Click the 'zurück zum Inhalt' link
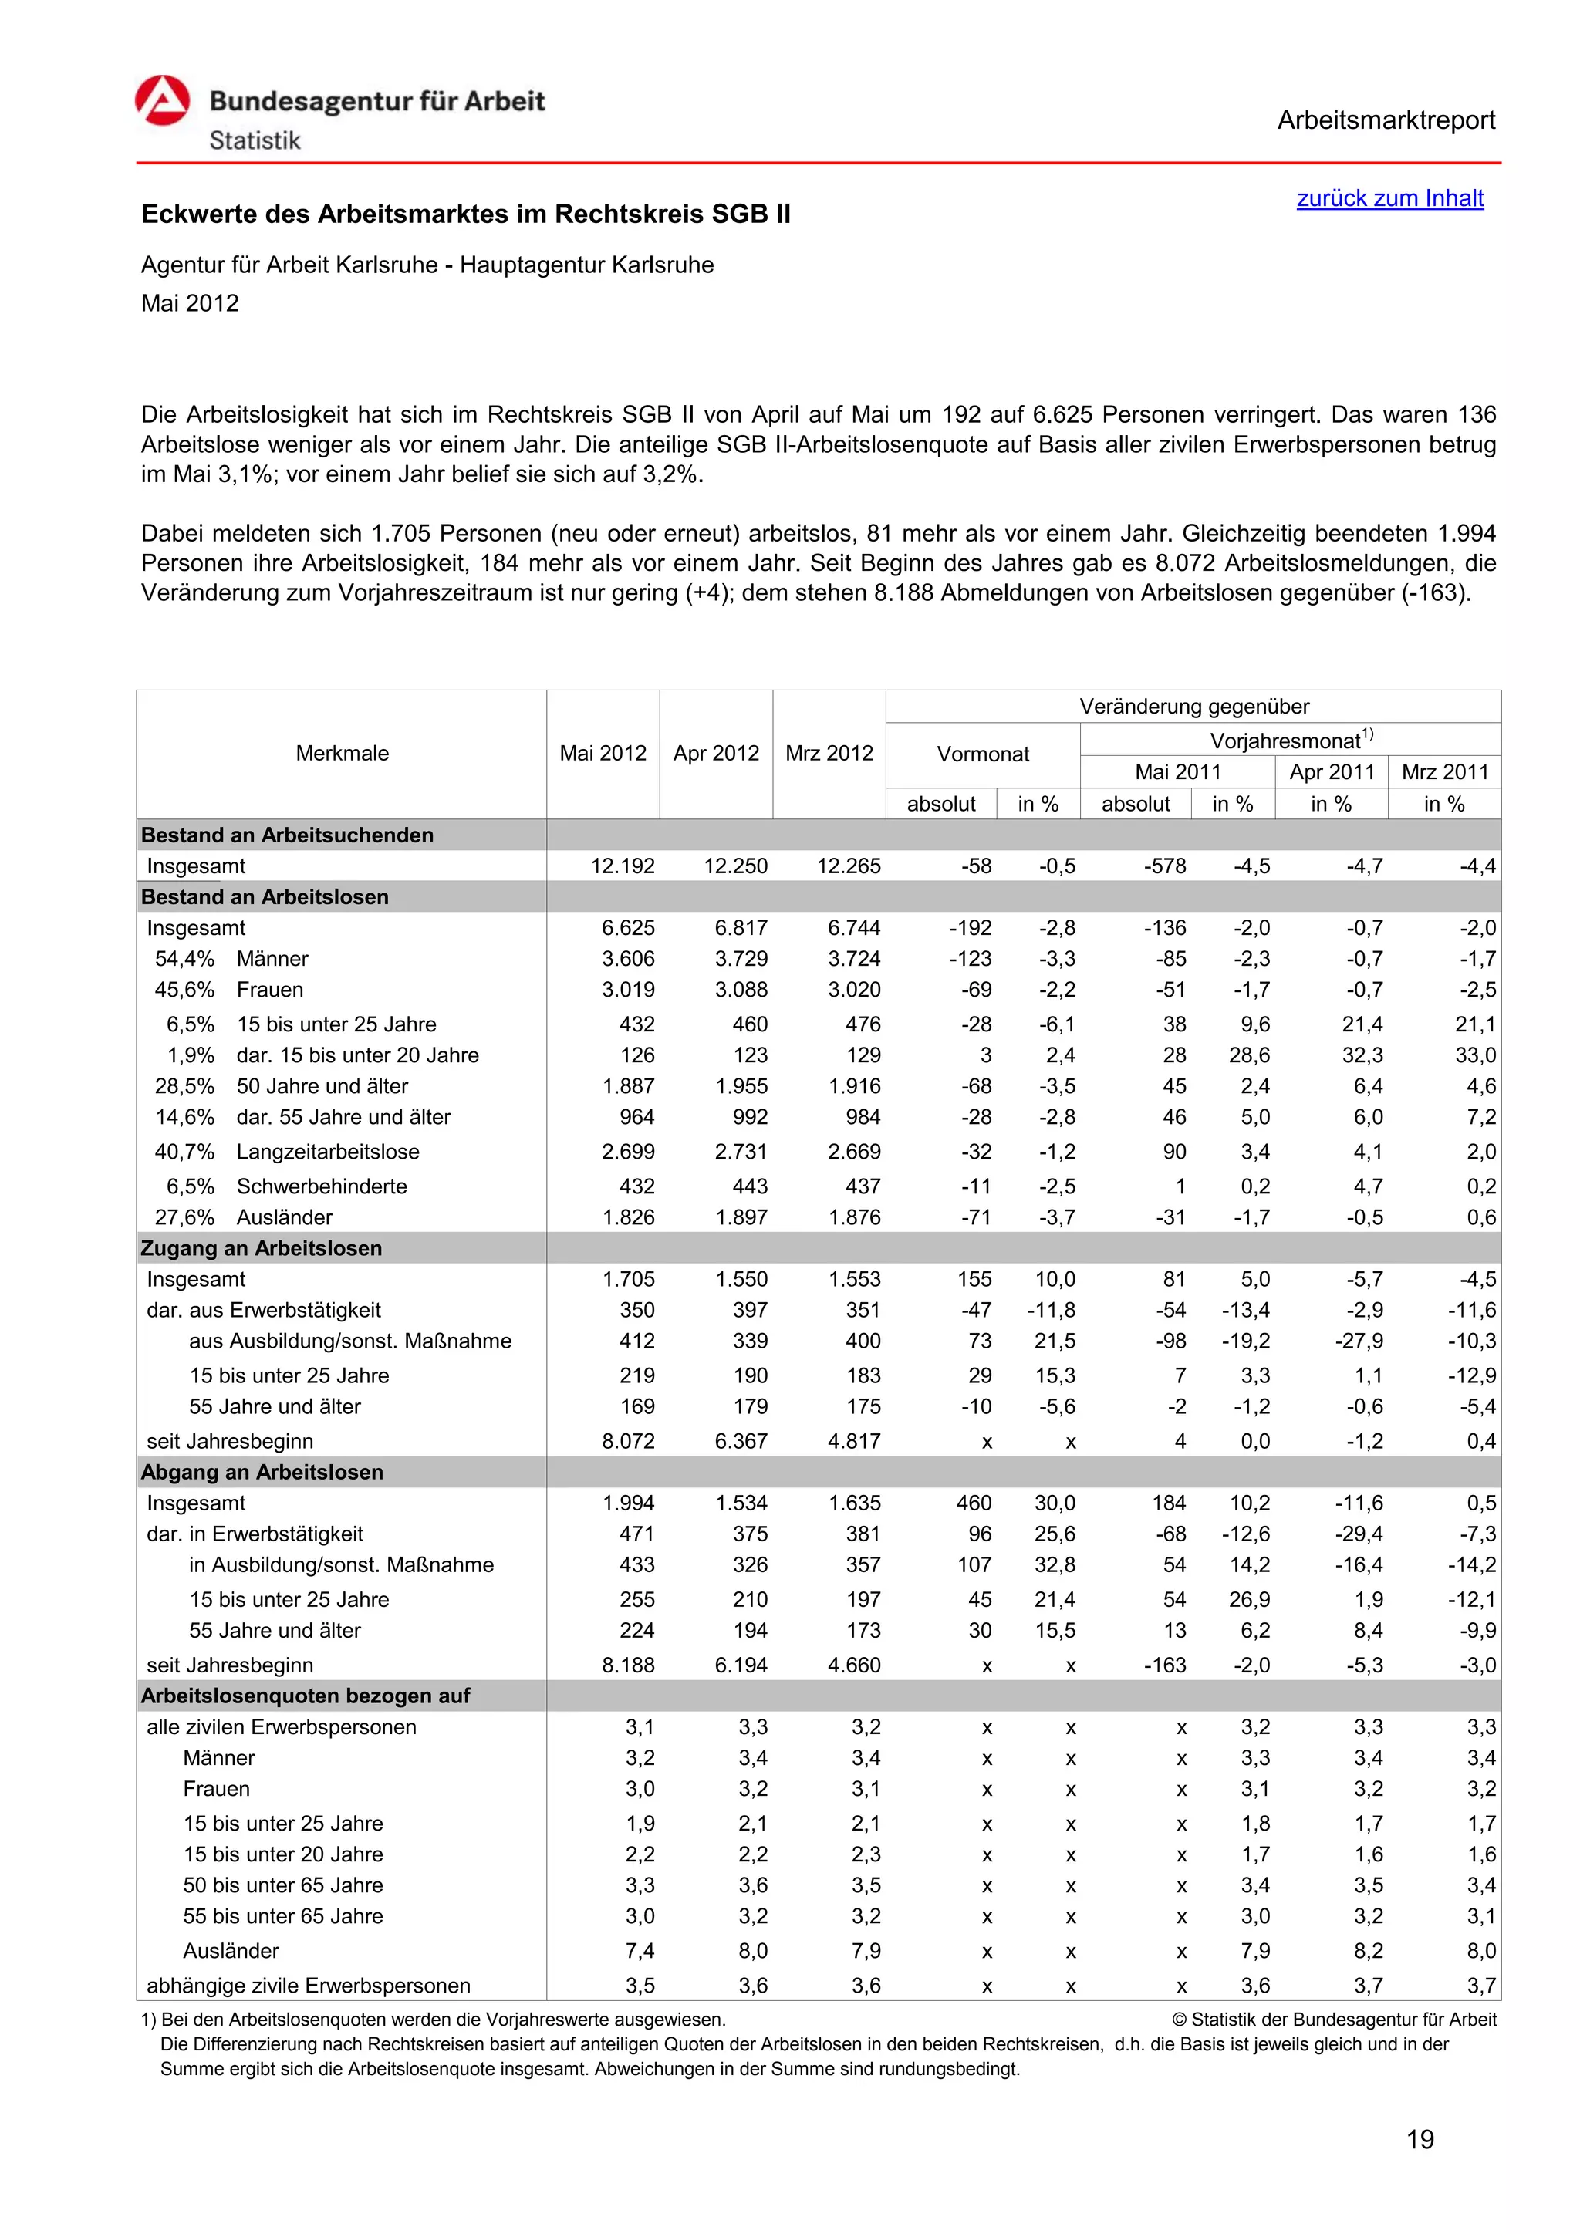click(x=1389, y=198)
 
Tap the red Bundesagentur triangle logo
click(x=163, y=101)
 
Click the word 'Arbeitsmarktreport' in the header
click(x=1386, y=120)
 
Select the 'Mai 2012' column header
click(x=603, y=753)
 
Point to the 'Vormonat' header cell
click(x=983, y=754)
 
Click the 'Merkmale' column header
click(x=342, y=753)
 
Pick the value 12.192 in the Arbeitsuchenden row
click(x=623, y=866)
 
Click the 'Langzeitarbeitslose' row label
click(x=328, y=1152)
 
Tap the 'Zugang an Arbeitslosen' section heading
click(x=262, y=1248)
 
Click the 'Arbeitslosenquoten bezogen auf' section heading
click(x=306, y=1696)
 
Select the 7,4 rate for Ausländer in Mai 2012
click(x=640, y=1951)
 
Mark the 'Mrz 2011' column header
click(x=1445, y=772)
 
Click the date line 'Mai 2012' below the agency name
click(x=190, y=304)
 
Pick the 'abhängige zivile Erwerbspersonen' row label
click(x=309, y=1986)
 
